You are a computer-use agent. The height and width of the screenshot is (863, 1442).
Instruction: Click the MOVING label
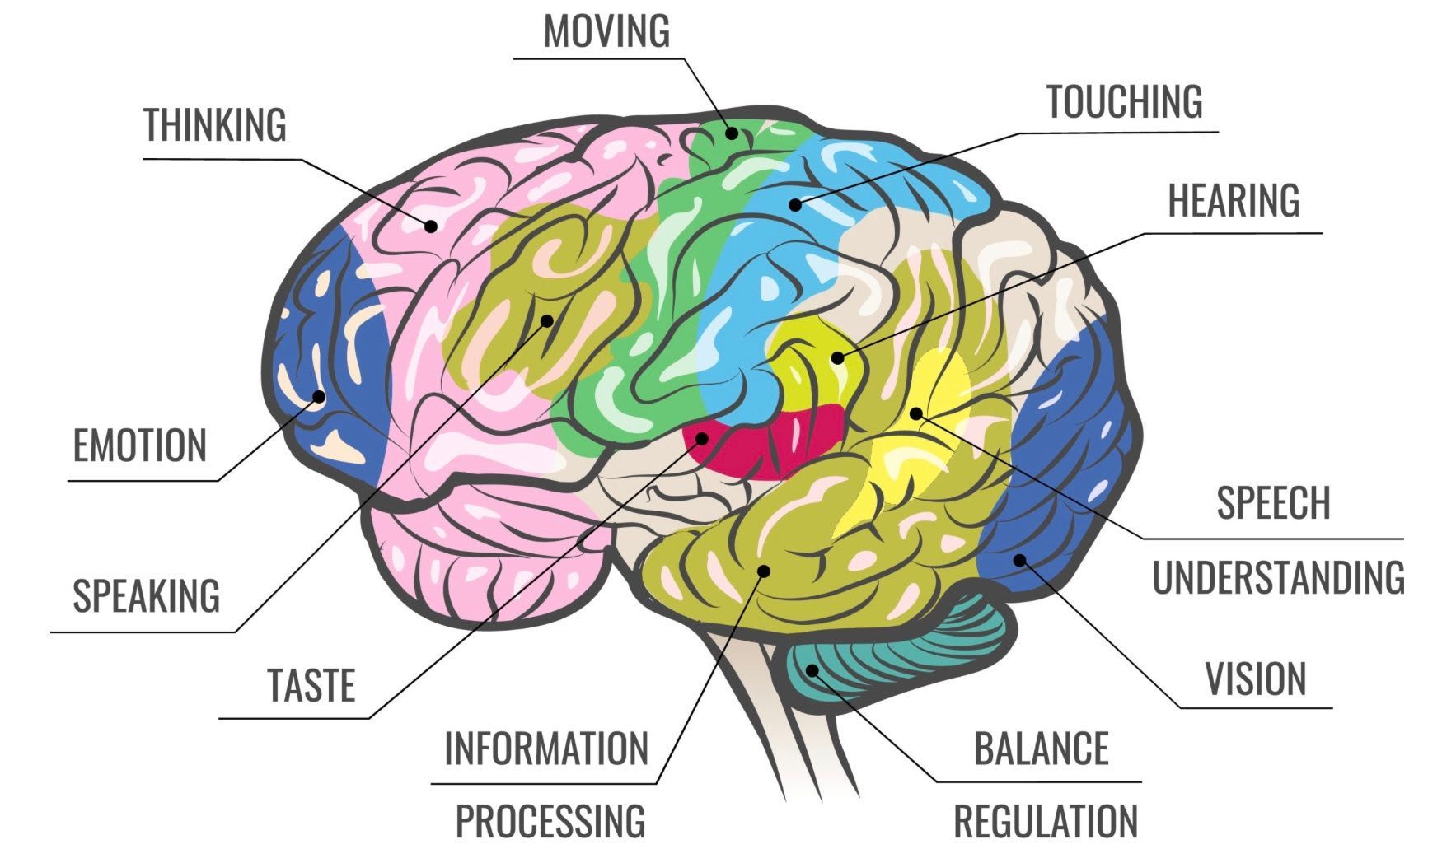[606, 31]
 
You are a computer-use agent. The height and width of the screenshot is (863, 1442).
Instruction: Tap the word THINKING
[215, 124]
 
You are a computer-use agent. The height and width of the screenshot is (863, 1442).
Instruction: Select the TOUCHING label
[1125, 101]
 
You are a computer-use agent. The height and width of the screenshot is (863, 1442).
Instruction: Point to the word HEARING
[1234, 200]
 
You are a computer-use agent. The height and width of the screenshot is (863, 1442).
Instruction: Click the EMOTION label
[139, 445]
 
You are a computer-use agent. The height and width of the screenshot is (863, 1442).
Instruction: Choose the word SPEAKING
[146, 595]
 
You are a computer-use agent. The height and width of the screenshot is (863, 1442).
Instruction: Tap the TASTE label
[311, 685]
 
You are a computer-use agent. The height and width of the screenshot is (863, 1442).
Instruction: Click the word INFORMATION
[545, 748]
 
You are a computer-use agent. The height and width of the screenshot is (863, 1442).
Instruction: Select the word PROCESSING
[550, 820]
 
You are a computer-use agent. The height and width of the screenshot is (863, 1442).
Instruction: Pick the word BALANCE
[1041, 748]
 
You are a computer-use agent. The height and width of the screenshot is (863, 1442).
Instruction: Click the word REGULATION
[1046, 820]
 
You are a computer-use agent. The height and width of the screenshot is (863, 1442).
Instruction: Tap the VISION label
[1256, 679]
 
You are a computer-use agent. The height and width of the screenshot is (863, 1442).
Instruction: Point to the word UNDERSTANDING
[1278, 576]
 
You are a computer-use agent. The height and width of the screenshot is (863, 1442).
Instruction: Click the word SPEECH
[1273, 502]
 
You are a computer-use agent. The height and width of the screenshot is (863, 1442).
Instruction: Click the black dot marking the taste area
[702, 438]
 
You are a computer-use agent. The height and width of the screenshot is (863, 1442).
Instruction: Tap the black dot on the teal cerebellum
[812, 669]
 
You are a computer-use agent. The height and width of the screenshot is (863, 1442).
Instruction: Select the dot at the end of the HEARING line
[837, 357]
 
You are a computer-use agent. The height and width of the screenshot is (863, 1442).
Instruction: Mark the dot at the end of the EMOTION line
[318, 397]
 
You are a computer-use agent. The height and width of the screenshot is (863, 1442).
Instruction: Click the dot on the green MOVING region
[731, 133]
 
